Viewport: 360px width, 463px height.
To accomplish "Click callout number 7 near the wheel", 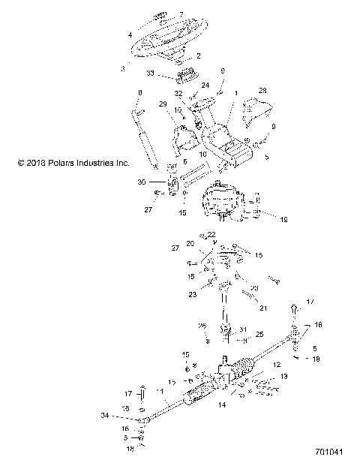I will pos(180,14).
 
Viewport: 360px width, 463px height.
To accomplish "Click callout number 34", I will pos(104,414).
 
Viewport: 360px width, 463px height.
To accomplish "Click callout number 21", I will pos(262,307).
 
